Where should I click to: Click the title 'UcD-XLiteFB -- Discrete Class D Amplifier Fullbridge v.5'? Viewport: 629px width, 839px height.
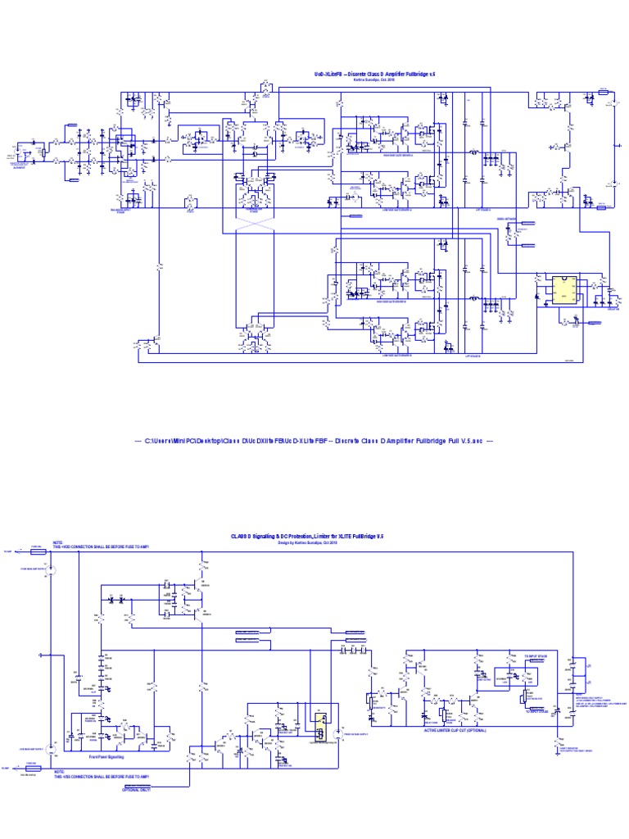tap(375, 74)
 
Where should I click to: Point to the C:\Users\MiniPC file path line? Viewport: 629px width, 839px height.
tap(314, 441)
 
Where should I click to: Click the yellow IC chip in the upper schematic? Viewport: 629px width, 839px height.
tap(564, 289)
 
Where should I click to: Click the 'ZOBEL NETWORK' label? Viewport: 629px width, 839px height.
tap(508, 219)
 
